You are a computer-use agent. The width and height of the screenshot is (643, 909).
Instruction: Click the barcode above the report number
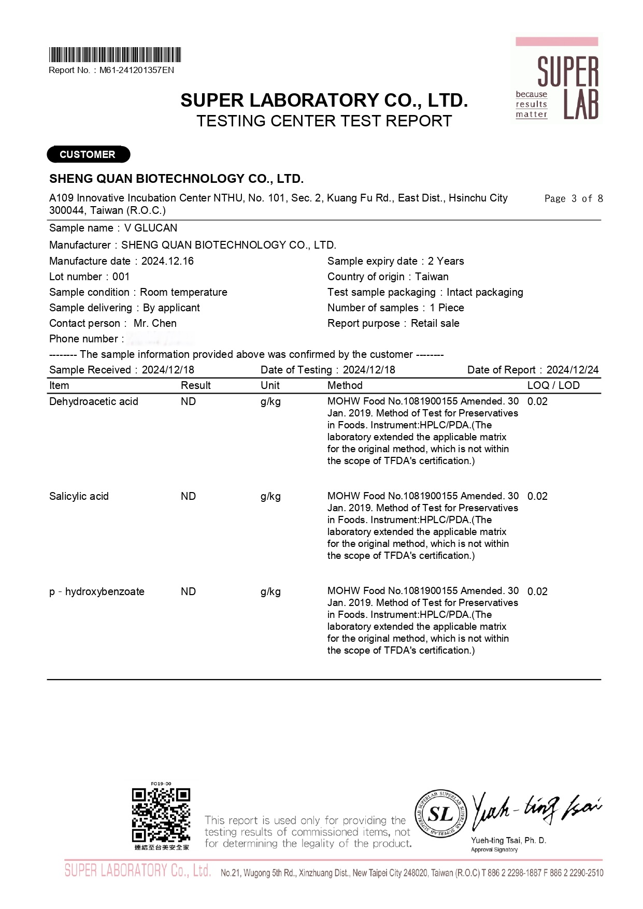coord(115,55)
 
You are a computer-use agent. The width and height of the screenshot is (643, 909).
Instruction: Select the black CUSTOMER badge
coord(88,154)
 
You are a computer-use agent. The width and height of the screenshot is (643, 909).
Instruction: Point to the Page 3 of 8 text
coord(574,199)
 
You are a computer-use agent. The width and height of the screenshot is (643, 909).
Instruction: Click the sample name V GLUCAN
coord(151,228)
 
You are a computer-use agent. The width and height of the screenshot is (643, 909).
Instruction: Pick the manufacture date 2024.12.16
coord(167,261)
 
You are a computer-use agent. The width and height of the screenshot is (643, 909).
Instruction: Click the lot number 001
coord(121,277)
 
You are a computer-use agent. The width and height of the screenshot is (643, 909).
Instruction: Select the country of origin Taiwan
coord(432,277)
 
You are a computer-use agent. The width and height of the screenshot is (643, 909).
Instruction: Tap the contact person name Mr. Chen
coord(155,323)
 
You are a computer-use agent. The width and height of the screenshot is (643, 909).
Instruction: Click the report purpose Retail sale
coord(435,323)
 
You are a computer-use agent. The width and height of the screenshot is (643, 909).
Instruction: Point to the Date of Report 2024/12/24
coord(572,370)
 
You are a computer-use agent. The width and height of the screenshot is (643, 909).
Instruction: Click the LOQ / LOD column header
coord(553,385)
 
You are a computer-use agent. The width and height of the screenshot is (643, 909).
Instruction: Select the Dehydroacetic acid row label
coord(94,401)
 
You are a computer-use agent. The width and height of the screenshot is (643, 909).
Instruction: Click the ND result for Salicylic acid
coord(188,496)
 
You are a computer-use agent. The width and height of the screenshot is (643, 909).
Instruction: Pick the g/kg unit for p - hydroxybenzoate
coord(270,591)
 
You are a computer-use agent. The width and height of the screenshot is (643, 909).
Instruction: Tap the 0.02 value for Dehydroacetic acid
coord(537,401)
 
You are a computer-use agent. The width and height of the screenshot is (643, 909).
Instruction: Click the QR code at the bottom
coord(161,815)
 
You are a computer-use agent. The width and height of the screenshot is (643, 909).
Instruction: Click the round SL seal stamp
coord(440,815)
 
